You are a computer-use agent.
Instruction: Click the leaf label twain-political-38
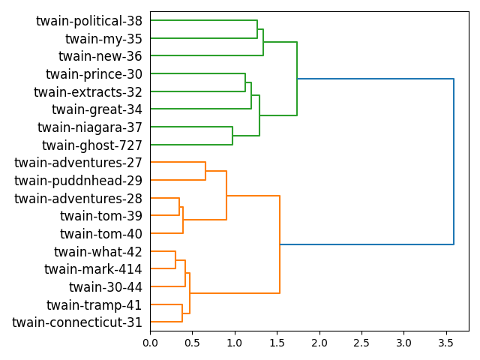tap(89, 21)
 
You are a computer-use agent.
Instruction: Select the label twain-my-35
tap(103, 39)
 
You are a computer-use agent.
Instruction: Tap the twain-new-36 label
tap(100, 57)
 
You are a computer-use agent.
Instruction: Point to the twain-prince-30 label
tap(94, 74)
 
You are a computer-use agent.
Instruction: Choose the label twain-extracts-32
tap(88, 92)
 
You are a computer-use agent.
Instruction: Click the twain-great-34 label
tap(97, 110)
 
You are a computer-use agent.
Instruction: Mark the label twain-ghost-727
tap(92, 145)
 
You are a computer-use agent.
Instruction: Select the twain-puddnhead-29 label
tap(78, 181)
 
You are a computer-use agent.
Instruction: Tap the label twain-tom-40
tap(101, 234)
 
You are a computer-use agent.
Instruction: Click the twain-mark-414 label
tap(93, 269)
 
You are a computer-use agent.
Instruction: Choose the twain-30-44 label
tap(106, 287)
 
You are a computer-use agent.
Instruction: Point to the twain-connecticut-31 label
tap(77, 322)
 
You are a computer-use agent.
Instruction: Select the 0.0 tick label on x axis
tap(150, 343)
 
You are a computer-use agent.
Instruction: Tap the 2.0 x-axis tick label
tap(319, 343)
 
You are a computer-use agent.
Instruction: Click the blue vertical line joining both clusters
tap(454, 161)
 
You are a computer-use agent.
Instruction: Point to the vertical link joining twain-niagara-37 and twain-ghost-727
tap(232, 136)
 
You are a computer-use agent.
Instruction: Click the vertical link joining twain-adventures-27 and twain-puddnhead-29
tap(205, 171)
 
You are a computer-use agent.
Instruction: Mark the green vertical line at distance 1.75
tap(297, 79)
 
